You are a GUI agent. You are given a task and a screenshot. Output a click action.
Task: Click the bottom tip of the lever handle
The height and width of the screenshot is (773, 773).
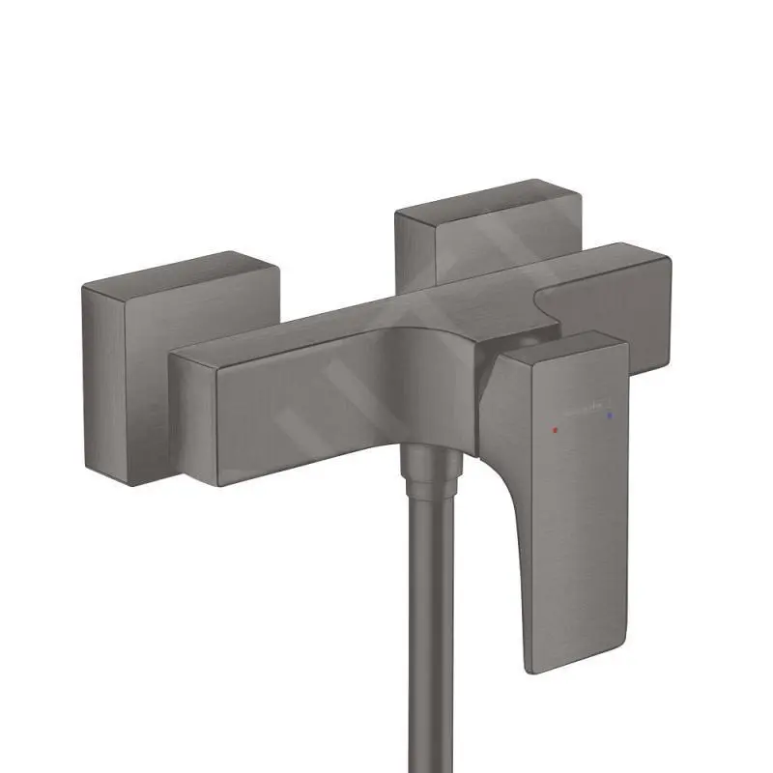pyautogui.click(x=544, y=667)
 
